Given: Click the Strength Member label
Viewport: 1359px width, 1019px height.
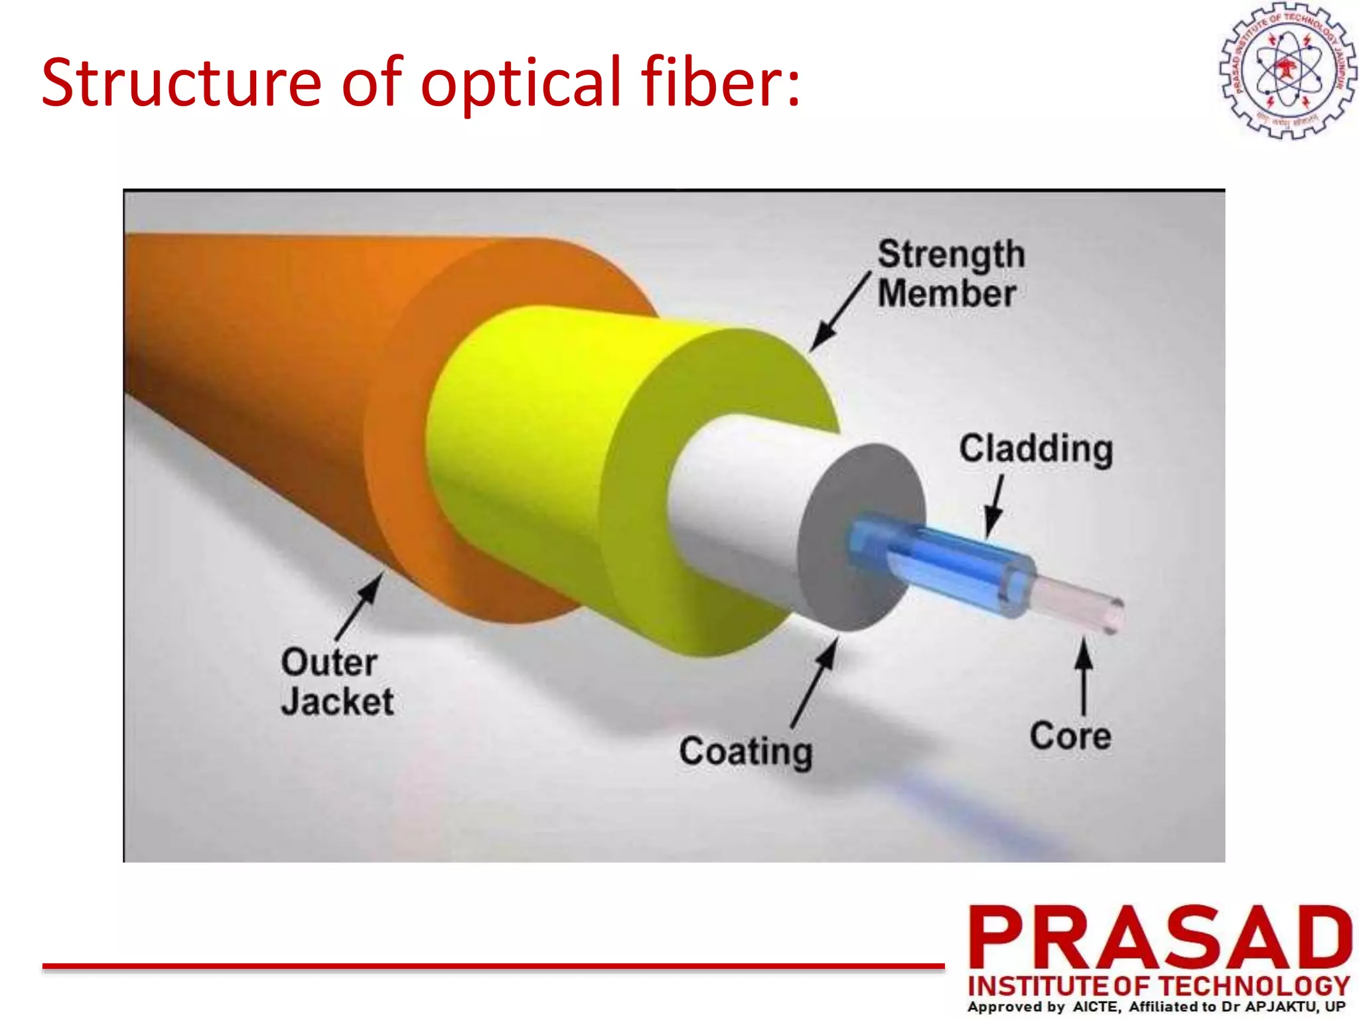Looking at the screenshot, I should [950, 273].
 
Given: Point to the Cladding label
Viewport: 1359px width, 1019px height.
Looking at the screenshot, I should [1035, 449].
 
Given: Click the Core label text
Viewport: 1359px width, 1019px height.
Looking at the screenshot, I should [1070, 736].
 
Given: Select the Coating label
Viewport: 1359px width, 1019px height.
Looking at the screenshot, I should [745, 752].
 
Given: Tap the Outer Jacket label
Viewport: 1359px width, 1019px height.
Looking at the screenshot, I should [336, 682].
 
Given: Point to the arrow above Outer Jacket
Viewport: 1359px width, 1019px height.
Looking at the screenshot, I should [360, 606].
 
